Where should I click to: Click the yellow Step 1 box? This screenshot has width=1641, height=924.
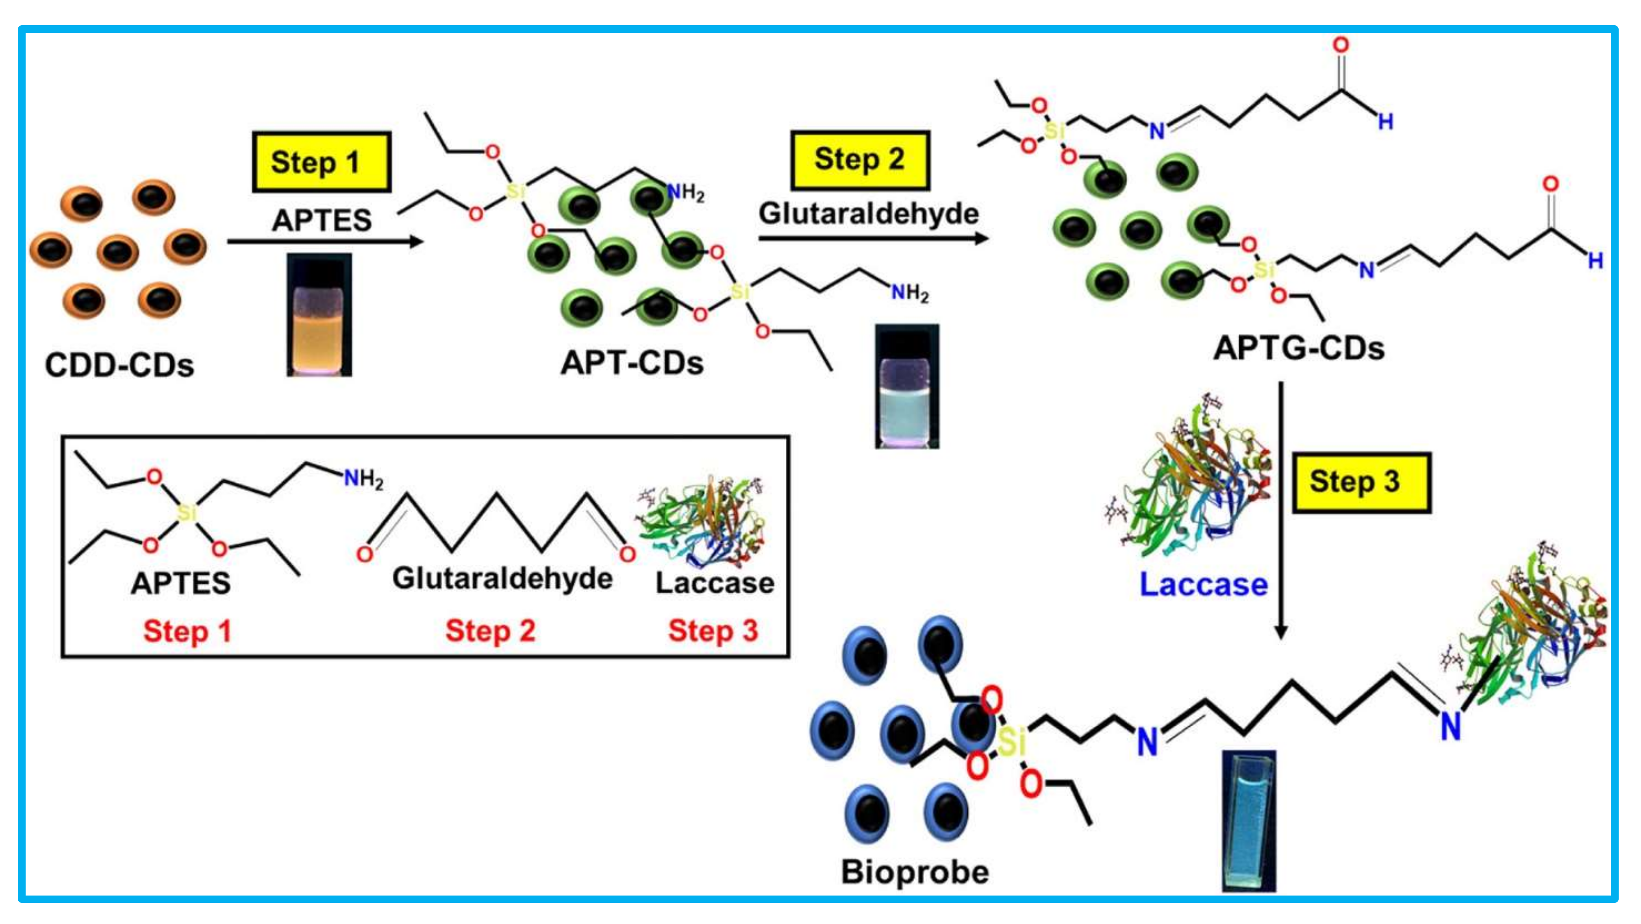click(321, 162)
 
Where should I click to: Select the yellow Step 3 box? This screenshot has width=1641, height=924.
click(1361, 482)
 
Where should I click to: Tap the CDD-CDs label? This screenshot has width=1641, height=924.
click(119, 366)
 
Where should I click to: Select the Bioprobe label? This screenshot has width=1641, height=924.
click(915, 872)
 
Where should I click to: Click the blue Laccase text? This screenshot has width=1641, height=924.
click(1203, 584)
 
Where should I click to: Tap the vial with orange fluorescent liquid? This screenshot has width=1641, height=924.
click(319, 316)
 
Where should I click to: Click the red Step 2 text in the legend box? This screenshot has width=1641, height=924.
click(490, 631)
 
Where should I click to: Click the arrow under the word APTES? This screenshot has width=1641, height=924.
click(325, 242)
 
